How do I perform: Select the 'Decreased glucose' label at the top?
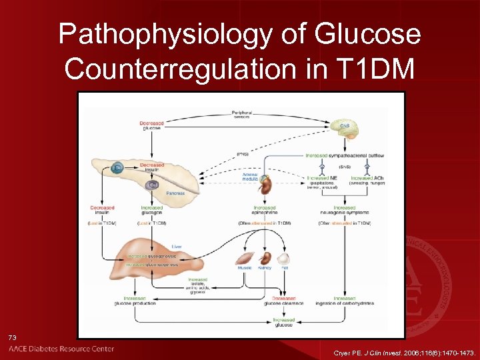pyautogui.click(x=151, y=125)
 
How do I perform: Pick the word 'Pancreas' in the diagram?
pyautogui.click(x=176, y=193)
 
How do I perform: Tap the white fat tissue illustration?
pyautogui.click(x=283, y=258)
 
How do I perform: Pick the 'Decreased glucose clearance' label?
pyautogui.click(x=284, y=301)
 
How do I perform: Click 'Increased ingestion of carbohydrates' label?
pyautogui.click(x=345, y=301)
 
